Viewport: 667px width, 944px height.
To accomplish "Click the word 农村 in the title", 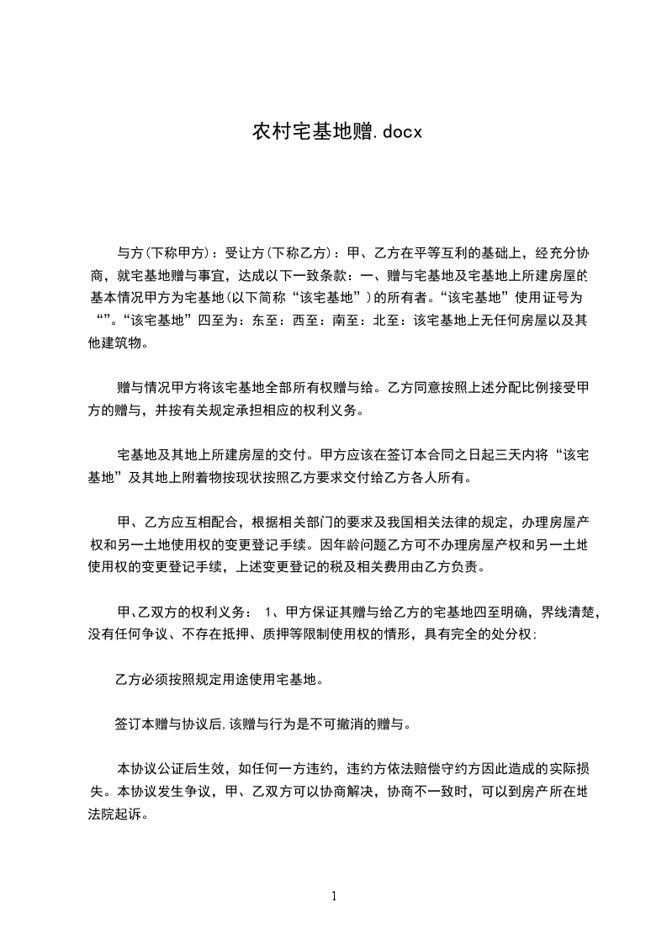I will click(268, 132).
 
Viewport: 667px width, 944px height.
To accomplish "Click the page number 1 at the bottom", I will click(334, 896).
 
